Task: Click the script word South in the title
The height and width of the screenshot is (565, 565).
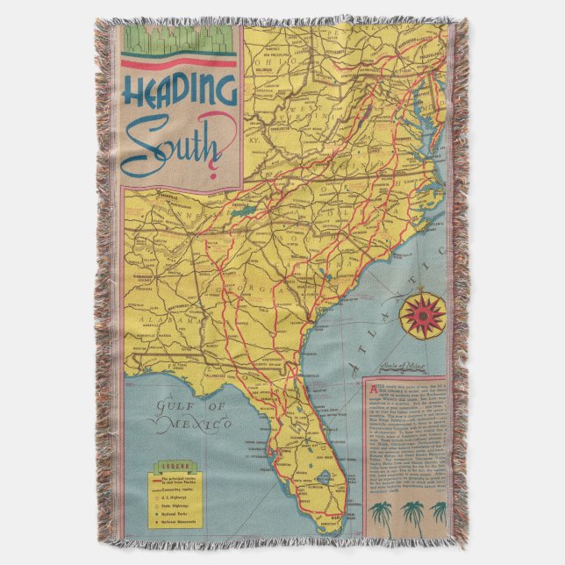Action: tap(172, 146)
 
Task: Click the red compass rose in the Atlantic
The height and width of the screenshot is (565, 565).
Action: tap(422, 317)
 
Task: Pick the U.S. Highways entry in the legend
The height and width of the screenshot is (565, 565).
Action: tap(180, 495)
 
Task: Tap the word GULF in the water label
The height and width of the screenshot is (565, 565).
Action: tap(168, 406)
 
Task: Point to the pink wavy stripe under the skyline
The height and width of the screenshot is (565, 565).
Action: tap(179, 63)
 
